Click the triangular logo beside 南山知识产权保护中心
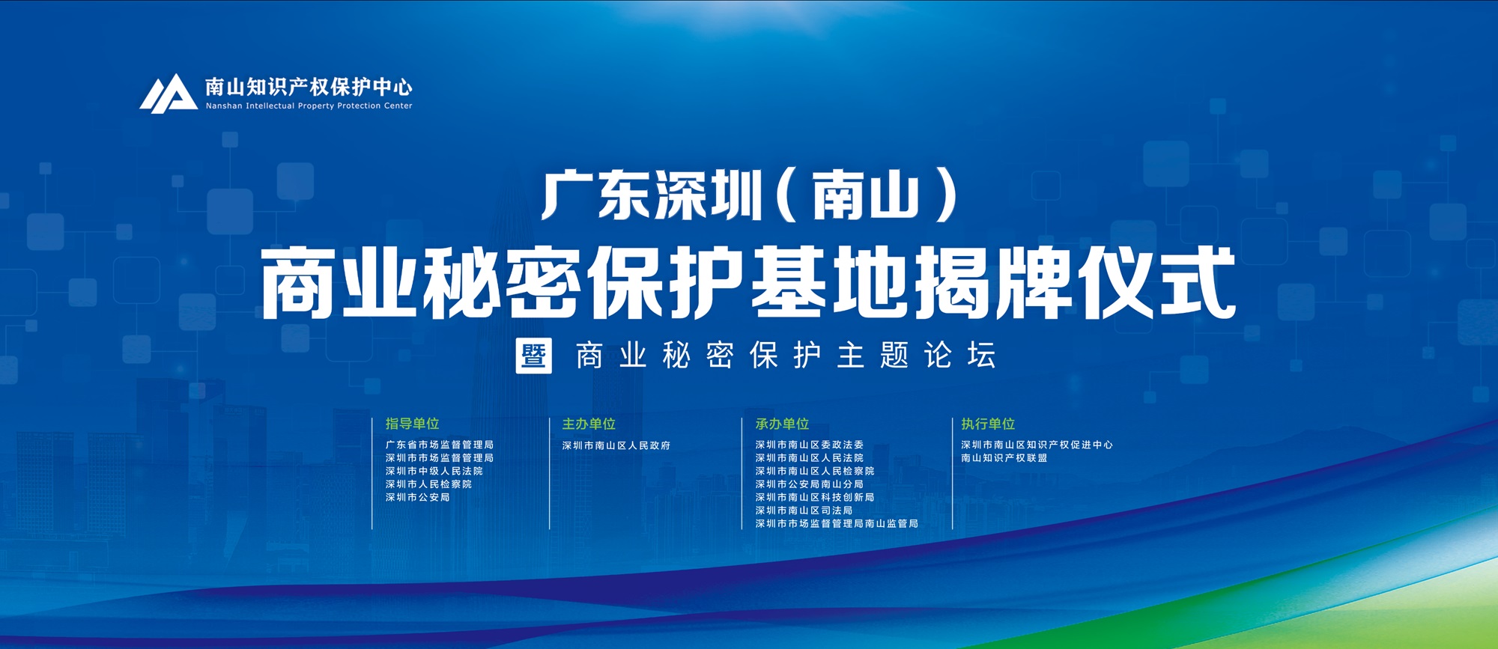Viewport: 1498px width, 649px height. click(168, 94)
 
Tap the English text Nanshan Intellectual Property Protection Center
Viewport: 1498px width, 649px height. click(309, 106)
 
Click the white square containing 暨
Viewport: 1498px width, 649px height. click(534, 356)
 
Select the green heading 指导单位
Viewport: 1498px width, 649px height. click(412, 424)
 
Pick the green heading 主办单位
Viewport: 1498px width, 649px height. click(589, 424)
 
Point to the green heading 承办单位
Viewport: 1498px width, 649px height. click(782, 424)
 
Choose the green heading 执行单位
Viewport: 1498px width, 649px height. click(988, 424)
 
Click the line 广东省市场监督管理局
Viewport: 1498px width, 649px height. click(440, 445)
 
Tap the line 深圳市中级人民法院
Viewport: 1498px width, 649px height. click(434, 471)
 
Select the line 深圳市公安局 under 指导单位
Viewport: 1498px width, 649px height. click(418, 497)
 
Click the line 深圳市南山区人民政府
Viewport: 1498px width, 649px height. click(616, 445)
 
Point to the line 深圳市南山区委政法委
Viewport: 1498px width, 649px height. click(810, 445)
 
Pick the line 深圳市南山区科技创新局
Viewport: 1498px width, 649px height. click(815, 497)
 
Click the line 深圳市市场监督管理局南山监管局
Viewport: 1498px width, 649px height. click(837, 523)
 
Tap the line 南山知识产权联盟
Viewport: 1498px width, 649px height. click(1004, 457)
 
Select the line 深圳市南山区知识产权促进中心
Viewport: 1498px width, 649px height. click(1037, 445)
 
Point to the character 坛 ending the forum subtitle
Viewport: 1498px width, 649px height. click(981, 356)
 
